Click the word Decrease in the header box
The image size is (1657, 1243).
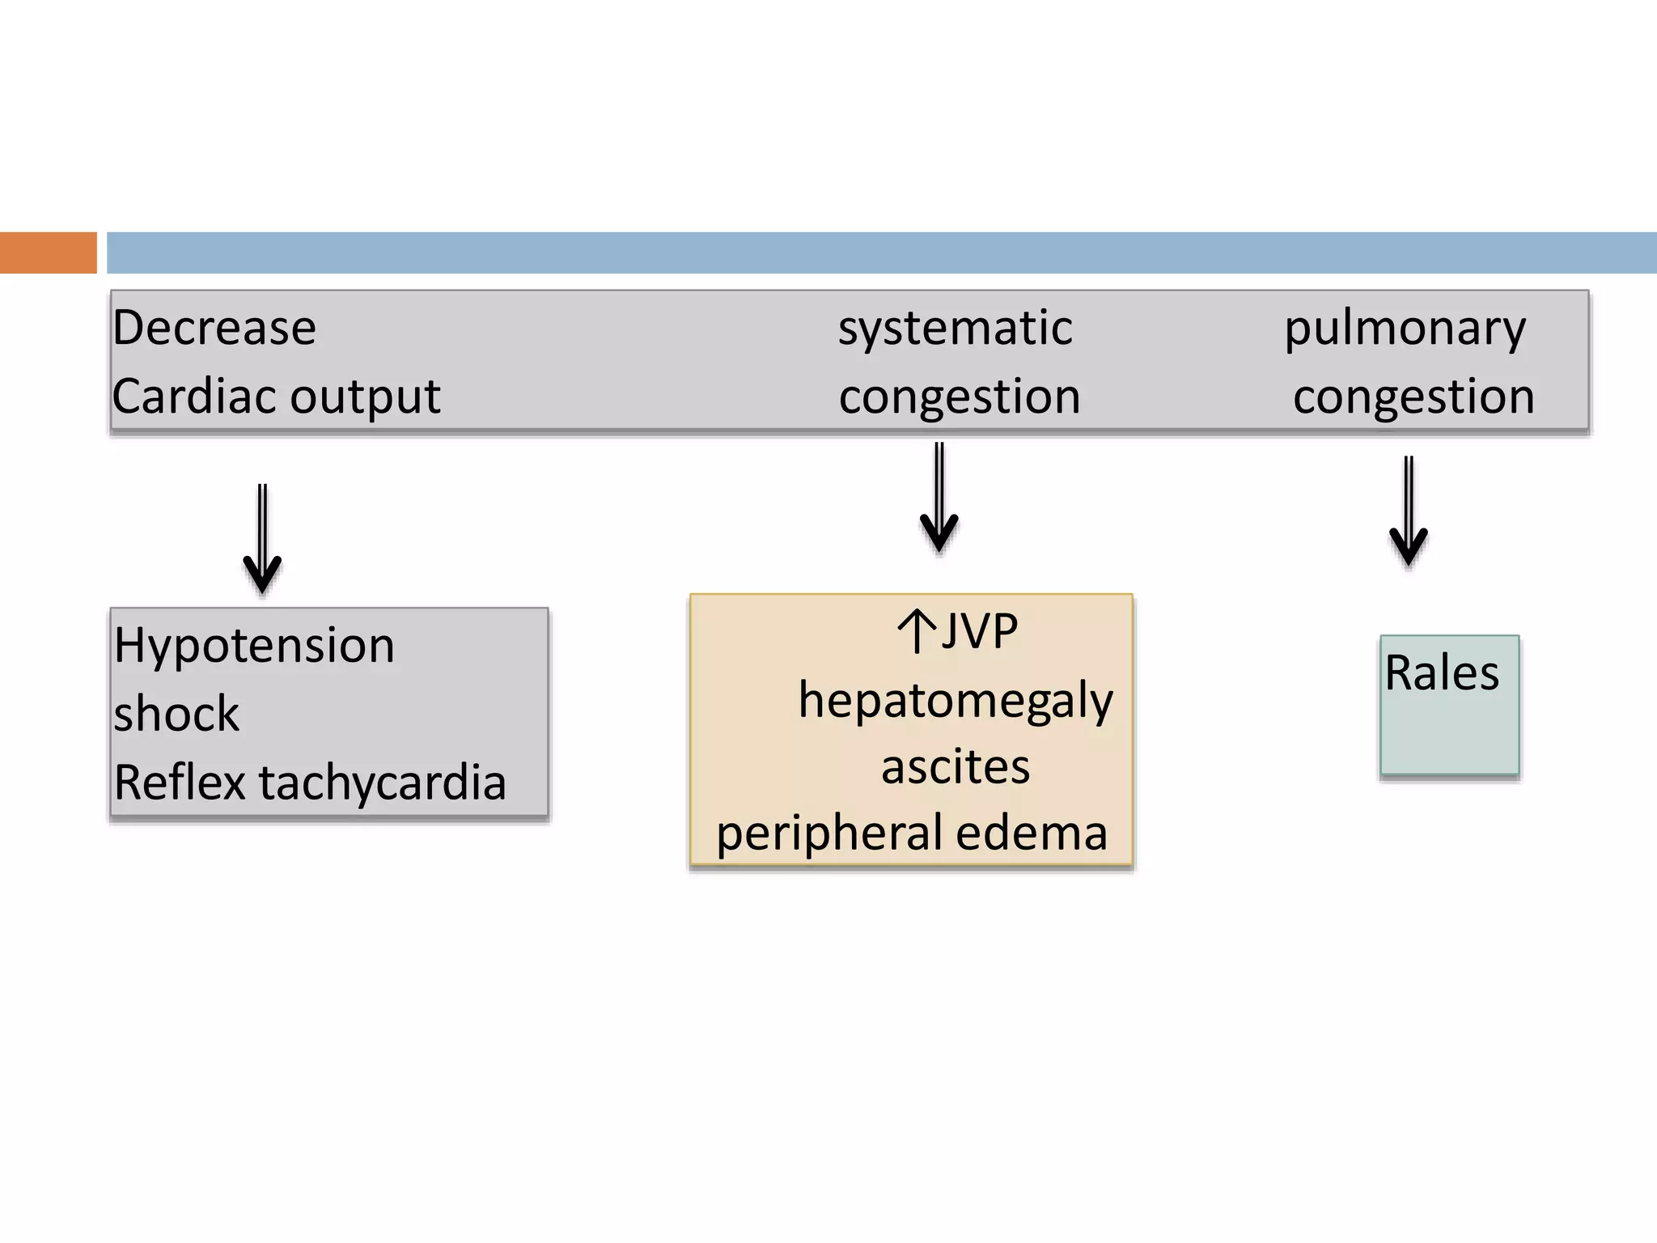coord(214,328)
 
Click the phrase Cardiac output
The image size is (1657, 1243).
coord(276,397)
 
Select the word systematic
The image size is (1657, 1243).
coord(955,328)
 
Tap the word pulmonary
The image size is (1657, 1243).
coord(1405,329)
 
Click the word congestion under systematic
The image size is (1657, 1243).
coord(960,397)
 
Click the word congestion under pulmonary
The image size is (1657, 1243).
coord(1413,397)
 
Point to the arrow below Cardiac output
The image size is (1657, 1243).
coord(262,538)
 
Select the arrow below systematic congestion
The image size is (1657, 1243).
coord(939,497)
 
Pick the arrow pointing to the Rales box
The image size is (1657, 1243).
coord(1409,511)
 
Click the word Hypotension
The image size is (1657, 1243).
coord(254,646)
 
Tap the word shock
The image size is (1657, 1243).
coord(176,714)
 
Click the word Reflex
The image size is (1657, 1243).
coord(180,783)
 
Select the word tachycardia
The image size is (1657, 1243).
coord(382,783)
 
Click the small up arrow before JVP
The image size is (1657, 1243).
coord(917,631)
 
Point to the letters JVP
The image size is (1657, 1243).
coord(979,631)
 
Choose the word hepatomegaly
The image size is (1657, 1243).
coord(956,701)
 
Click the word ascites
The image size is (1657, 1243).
coord(956,766)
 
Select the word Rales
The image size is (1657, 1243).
coord(1442,672)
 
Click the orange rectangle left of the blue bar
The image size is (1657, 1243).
coord(48,252)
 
